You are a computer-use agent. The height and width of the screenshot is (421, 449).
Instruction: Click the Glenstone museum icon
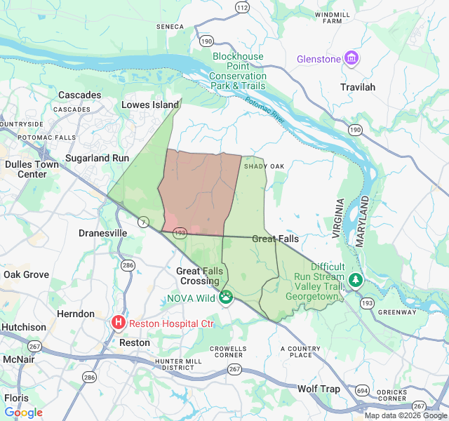click(x=351, y=58)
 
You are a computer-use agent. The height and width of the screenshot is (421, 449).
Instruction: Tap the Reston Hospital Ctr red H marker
click(x=119, y=322)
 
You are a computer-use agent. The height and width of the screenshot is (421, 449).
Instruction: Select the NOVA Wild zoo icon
click(x=225, y=298)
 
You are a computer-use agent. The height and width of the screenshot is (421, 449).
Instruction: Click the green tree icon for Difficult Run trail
click(x=356, y=281)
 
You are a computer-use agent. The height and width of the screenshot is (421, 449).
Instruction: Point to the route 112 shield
click(x=242, y=8)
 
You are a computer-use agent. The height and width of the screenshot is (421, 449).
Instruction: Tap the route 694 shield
click(x=362, y=389)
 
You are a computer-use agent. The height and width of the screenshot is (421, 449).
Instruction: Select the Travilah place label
click(x=358, y=87)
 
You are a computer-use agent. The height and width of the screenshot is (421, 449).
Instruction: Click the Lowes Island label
click(x=150, y=105)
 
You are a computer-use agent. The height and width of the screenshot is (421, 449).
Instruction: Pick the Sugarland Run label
click(x=97, y=158)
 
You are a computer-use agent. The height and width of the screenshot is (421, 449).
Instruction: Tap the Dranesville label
click(x=102, y=233)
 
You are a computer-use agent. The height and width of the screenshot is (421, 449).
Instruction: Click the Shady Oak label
click(x=264, y=166)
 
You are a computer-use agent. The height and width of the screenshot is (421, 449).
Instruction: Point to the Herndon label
click(x=76, y=314)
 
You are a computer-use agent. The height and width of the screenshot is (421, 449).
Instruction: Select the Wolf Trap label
click(x=319, y=389)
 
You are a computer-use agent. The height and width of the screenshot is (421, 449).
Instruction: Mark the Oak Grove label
click(x=26, y=274)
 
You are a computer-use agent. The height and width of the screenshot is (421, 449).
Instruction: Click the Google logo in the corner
click(x=23, y=413)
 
